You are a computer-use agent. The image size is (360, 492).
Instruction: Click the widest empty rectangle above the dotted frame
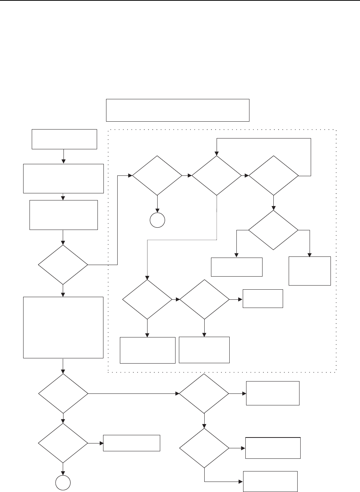click(x=177, y=110)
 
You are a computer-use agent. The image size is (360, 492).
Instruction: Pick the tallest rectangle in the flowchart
click(x=63, y=327)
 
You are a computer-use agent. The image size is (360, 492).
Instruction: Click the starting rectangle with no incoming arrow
click(x=64, y=139)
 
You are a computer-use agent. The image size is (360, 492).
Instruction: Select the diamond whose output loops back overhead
click(x=274, y=175)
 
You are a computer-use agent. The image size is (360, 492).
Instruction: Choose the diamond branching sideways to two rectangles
click(x=273, y=230)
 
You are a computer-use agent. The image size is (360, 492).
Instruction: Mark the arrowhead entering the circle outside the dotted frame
click(x=63, y=474)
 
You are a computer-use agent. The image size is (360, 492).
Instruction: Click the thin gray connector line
click(x=183, y=240)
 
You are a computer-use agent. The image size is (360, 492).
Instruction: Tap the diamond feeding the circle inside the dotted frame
click(x=157, y=175)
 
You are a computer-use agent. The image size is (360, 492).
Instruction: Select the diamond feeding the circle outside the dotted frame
click(x=63, y=443)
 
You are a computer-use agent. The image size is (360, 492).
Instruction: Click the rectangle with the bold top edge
click(x=273, y=448)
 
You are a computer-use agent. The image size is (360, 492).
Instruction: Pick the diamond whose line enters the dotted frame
click(x=63, y=265)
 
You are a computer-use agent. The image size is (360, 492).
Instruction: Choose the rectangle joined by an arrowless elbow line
click(x=270, y=482)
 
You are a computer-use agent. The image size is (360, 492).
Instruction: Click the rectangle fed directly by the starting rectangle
click(x=63, y=178)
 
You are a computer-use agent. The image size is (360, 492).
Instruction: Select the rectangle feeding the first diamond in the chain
click(x=63, y=215)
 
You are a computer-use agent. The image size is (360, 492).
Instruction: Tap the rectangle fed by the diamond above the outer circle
click(x=131, y=443)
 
